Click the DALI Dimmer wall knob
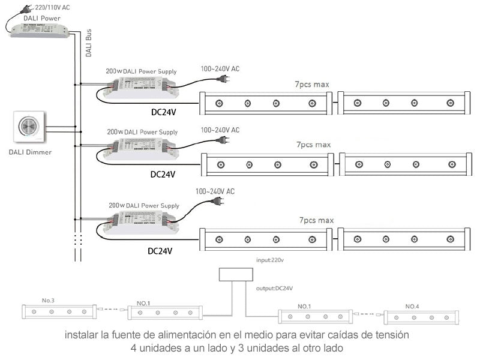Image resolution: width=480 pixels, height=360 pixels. point(28,126)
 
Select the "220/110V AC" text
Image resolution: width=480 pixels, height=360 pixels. point(53,7)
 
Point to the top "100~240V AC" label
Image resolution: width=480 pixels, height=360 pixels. point(220,69)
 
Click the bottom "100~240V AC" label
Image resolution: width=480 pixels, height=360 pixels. point(215,191)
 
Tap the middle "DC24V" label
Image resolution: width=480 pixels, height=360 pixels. point(162,175)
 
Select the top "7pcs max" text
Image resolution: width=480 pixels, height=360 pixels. point(312,84)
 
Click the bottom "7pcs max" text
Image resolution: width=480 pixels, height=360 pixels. point(316,221)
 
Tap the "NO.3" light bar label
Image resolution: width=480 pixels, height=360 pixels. point(48,300)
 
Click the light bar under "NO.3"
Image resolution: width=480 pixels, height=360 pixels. point(59,311)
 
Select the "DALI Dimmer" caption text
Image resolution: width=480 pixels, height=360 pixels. point(30,152)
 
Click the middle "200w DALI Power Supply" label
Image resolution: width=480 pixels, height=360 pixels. point(142,131)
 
